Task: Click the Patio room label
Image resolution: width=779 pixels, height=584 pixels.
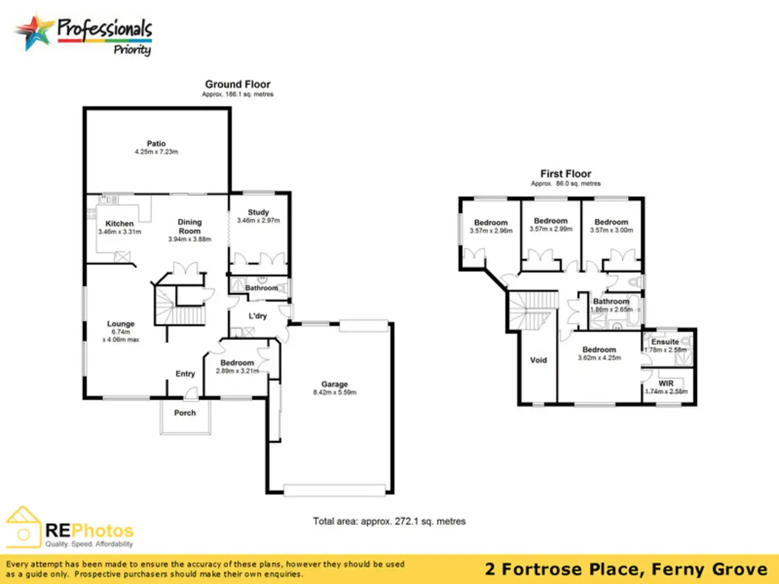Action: point(156,143)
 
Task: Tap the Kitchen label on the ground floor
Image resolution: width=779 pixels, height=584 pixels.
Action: point(120,224)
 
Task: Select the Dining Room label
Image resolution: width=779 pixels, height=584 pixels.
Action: point(189,226)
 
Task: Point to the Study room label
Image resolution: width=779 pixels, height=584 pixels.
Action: point(258,212)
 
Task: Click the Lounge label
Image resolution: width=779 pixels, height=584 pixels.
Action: point(121,324)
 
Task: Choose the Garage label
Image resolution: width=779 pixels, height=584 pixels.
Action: point(334,384)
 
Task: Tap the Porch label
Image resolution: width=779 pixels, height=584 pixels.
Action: point(185,413)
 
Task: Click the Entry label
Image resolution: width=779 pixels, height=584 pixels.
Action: point(185,373)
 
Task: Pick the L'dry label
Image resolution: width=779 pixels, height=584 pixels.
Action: point(258,316)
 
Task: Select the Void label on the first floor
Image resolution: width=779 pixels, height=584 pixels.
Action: point(538,360)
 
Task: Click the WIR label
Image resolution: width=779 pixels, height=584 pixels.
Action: point(666,384)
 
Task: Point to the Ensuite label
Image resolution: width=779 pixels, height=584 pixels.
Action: point(665,342)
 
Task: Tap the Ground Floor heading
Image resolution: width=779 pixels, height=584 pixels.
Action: point(238,84)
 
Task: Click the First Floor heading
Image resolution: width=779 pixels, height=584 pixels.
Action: point(565,174)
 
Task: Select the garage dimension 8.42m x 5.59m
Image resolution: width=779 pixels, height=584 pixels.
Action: point(334,393)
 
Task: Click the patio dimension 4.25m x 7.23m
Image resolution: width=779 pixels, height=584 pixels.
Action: point(156,152)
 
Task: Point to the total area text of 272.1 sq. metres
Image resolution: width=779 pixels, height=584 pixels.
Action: point(389,521)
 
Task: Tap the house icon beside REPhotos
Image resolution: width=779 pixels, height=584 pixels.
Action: point(23,527)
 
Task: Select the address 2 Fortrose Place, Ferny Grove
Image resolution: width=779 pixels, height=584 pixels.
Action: point(626,569)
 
